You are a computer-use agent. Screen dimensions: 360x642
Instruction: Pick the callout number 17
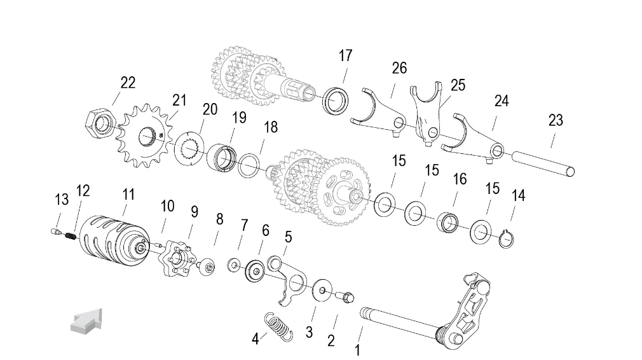tap(345, 56)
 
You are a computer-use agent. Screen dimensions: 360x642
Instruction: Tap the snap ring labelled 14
tap(507, 238)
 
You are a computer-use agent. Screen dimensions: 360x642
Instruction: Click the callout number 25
tap(458, 85)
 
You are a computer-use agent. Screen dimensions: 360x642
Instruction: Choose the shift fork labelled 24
tap(477, 137)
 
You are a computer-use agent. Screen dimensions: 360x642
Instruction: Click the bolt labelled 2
tap(346, 296)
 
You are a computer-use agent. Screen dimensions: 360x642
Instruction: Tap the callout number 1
tap(357, 349)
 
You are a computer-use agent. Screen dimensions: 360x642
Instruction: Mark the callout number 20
tap(210, 109)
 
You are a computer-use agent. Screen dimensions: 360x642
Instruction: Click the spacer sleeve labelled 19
tap(222, 156)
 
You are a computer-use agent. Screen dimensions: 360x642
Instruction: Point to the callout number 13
tap(62, 200)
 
